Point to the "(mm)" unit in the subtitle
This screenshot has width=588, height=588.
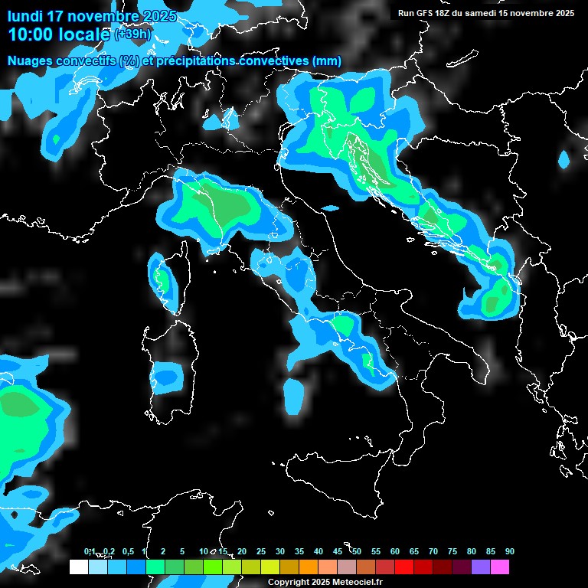[327, 61]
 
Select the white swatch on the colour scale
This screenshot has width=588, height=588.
[78, 567]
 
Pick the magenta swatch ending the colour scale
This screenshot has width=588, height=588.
[500, 567]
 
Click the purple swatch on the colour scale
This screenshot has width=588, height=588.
[481, 567]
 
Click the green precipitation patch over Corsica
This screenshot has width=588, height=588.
[162, 276]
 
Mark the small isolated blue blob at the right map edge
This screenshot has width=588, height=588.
[564, 160]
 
